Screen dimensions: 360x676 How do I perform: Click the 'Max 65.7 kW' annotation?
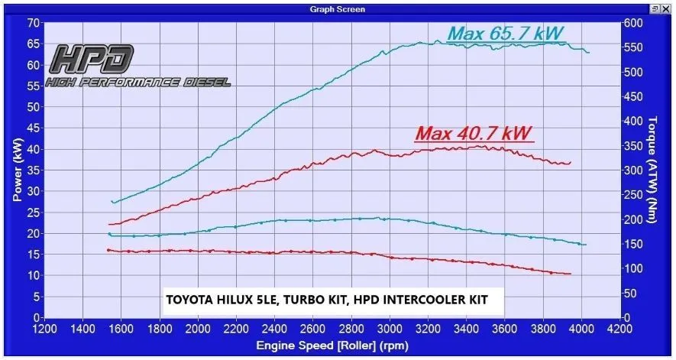pos(506,34)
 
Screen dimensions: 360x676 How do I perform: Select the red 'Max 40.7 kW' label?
pos(474,133)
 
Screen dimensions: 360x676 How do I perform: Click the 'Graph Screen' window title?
pos(338,9)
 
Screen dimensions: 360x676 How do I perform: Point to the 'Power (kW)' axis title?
pos(16,170)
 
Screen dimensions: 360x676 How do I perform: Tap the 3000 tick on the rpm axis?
pos(390,329)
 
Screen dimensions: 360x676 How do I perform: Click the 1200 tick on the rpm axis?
pos(45,329)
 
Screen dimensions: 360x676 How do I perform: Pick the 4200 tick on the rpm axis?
pos(619,329)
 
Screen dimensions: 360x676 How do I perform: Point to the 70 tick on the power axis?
pos(34,23)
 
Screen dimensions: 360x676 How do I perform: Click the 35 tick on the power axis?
pos(34,170)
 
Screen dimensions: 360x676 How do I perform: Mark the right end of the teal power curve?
pos(588,52)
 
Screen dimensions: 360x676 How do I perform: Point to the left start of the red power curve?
pos(109,225)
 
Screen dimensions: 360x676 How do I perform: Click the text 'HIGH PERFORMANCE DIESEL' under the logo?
pos(137,82)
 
